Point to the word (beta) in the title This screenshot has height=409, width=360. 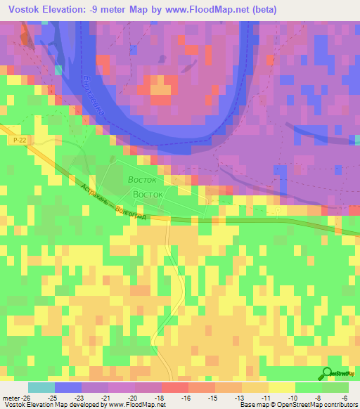(x=264, y=10)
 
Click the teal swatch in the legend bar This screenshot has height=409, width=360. (x=41, y=387)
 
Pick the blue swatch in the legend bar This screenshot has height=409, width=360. (x=68, y=387)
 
